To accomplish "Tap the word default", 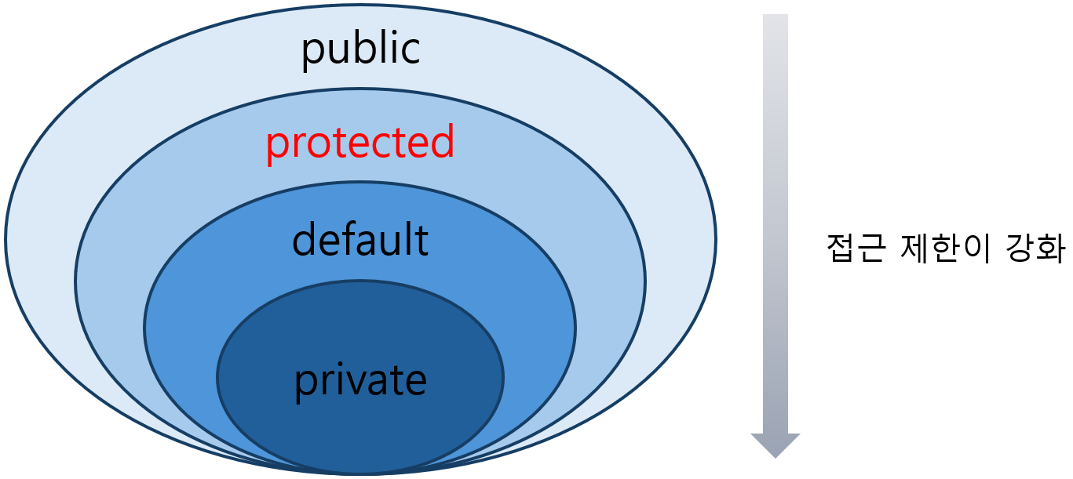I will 360,240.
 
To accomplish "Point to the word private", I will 360,381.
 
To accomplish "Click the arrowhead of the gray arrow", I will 776,444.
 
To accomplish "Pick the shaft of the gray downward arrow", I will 776,220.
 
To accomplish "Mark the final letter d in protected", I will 442,143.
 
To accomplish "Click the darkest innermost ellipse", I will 360,423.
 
